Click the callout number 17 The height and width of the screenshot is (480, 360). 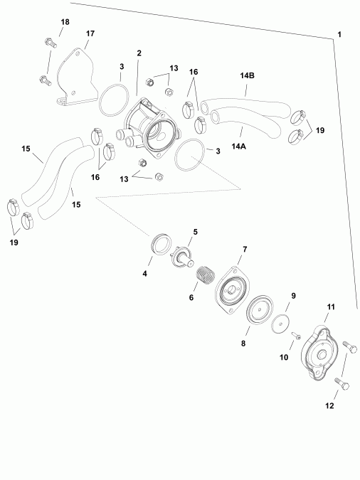click(90, 34)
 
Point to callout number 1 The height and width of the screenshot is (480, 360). click(339, 35)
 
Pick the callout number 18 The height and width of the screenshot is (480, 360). click(65, 23)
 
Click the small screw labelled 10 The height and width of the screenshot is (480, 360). click(298, 335)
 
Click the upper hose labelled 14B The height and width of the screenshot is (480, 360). click(245, 105)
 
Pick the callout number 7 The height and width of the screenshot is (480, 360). click(245, 250)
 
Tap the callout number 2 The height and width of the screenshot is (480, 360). click(139, 53)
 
